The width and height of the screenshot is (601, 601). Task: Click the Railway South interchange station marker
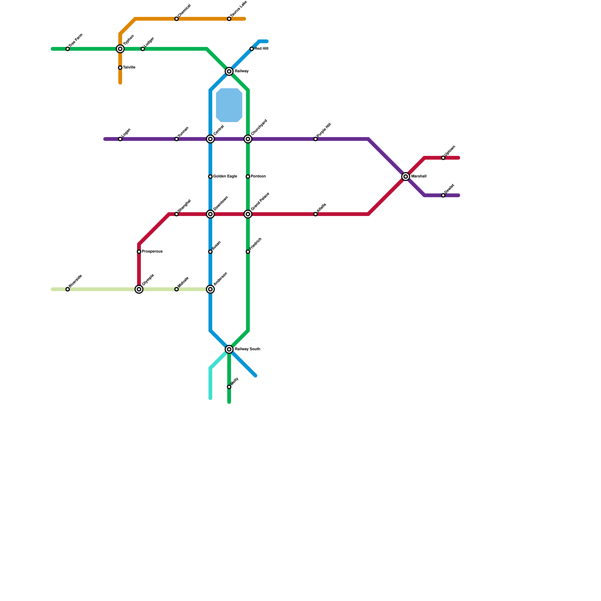pyautogui.click(x=229, y=349)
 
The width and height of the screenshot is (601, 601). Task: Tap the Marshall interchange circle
pyautogui.click(x=406, y=177)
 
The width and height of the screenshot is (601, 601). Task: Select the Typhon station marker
pyautogui.click(x=120, y=49)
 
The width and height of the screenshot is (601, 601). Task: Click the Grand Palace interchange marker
pyautogui.click(x=248, y=214)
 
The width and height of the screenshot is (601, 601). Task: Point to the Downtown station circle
pyautogui.click(x=210, y=214)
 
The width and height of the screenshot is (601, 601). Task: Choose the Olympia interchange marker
pyautogui.click(x=139, y=289)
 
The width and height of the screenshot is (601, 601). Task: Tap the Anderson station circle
pyautogui.click(x=210, y=289)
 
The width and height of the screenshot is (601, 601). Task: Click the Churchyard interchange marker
pyautogui.click(x=248, y=139)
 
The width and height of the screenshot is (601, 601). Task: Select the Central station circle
pyautogui.click(x=210, y=139)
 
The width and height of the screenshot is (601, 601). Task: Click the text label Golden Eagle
pyautogui.click(x=225, y=177)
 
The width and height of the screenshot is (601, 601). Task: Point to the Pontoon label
pyautogui.click(x=258, y=177)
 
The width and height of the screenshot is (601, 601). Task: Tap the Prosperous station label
pyautogui.click(x=152, y=252)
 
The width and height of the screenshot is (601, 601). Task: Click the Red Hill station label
pyautogui.click(x=261, y=49)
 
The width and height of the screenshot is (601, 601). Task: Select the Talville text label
pyautogui.click(x=129, y=68)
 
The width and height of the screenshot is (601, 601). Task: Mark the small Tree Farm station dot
pyautogui.click(x=68, y=49)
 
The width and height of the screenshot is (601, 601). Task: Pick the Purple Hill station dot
pyautogui.click(x=316, y=139)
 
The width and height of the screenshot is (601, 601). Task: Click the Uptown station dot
pyautogui.click(x=443, y=158)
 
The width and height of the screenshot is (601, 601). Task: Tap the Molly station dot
pyautogui.click(x=229, y=387)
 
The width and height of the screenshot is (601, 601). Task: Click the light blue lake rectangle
pyautogui.click(x=229, y=105)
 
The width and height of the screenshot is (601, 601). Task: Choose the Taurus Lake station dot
pyautogui.click(x=229, y=19)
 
